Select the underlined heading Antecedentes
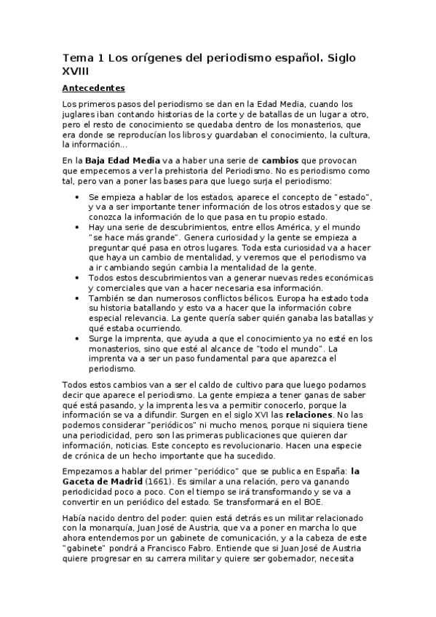click(94, 89)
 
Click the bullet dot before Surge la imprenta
click(79, 339)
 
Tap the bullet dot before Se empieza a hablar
click(79, 197)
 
